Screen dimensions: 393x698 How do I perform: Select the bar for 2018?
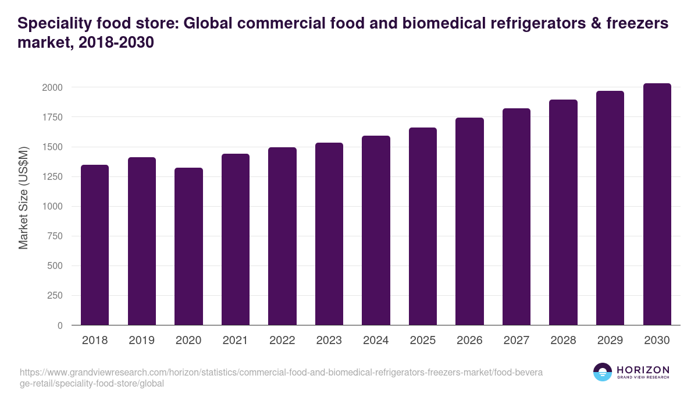[x=95, y=245]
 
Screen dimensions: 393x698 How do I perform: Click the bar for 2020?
[x=188, y=246]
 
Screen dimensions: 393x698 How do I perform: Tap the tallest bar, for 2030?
[x=657, y=204]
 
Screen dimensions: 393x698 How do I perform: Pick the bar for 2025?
[x=423, y=226]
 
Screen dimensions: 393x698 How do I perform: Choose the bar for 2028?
[x=563, y=213]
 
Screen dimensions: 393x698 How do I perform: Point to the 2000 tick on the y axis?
[x=51, y=87]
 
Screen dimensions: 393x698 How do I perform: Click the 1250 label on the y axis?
[x=51, y=177]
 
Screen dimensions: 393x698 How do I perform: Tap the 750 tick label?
[x=54, y=236]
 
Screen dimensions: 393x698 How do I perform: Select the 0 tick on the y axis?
[x=59, y=325]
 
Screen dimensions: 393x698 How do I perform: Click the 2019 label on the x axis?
[x=142, y=341]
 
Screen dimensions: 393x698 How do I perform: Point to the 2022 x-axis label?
[x=282, y=341]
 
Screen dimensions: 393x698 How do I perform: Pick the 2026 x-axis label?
[x=469, y=341]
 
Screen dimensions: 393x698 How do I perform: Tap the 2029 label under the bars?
[x=610, y=341]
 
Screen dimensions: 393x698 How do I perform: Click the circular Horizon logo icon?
[x=603, y=372]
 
